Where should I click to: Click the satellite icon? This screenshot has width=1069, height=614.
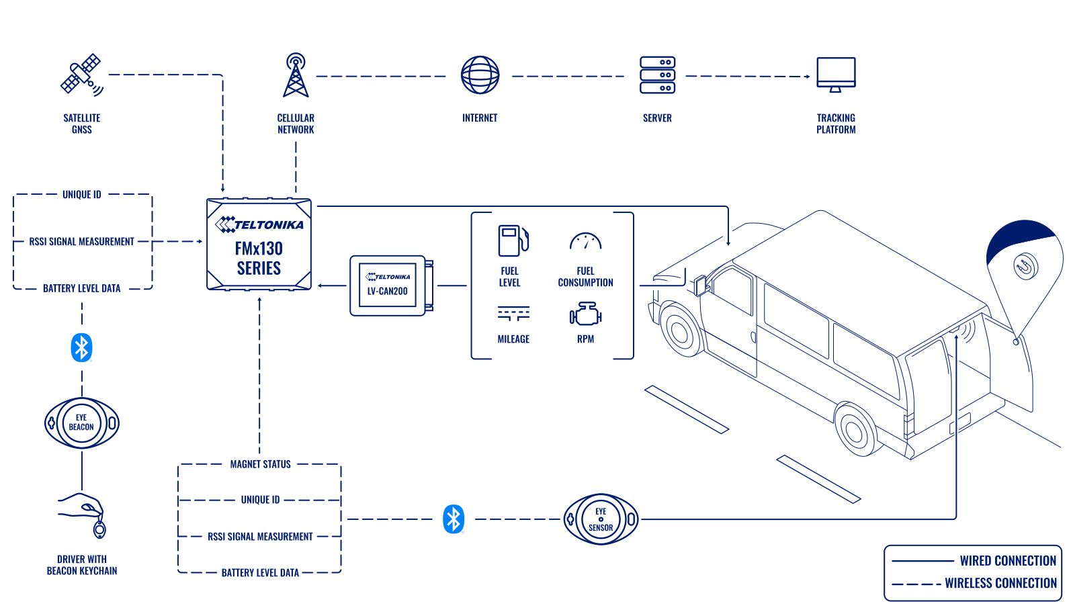(x=81, y=75)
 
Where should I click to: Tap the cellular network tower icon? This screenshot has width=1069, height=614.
(x=296, y=75)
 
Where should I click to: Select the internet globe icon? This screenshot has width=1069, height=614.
(x=480, y=75)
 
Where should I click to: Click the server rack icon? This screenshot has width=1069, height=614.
(x=657, y=75)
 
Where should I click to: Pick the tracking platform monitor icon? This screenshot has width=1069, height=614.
(x=836, y=74)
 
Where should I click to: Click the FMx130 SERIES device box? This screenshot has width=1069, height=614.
(x=259, y=245)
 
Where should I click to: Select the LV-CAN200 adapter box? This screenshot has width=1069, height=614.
(x=388, y=285)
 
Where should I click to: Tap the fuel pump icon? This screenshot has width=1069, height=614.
(x=512, y=240)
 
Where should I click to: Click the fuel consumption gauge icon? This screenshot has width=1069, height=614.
(x=585, y=241)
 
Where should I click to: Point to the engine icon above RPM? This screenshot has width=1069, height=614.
(x=585, y=314)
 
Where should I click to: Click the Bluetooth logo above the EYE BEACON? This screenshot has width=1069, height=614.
(x=81, y=347)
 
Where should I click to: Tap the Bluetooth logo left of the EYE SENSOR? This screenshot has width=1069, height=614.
(x=454, y=519)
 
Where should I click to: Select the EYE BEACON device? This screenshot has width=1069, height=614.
(x=81, y=423)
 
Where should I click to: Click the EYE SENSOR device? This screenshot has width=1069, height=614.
(x=601, y=519)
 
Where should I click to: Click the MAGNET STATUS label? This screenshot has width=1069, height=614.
(x=260, y=464)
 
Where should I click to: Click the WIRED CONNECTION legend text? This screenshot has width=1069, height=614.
(x=1007, y=560)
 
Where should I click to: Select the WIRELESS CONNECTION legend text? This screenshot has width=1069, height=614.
(x=1000, y=583)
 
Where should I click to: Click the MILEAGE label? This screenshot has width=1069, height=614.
(x=513, y=339)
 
